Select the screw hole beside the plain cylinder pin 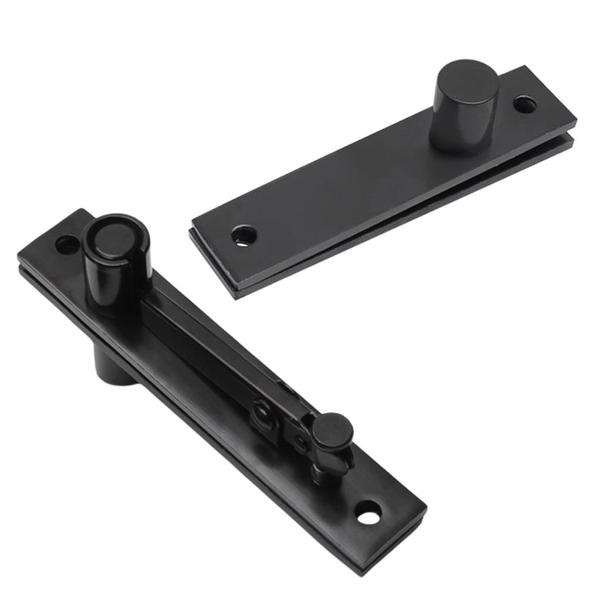525,105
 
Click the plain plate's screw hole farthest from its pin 244,236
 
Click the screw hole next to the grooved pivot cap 68,244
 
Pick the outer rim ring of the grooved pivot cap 94,247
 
